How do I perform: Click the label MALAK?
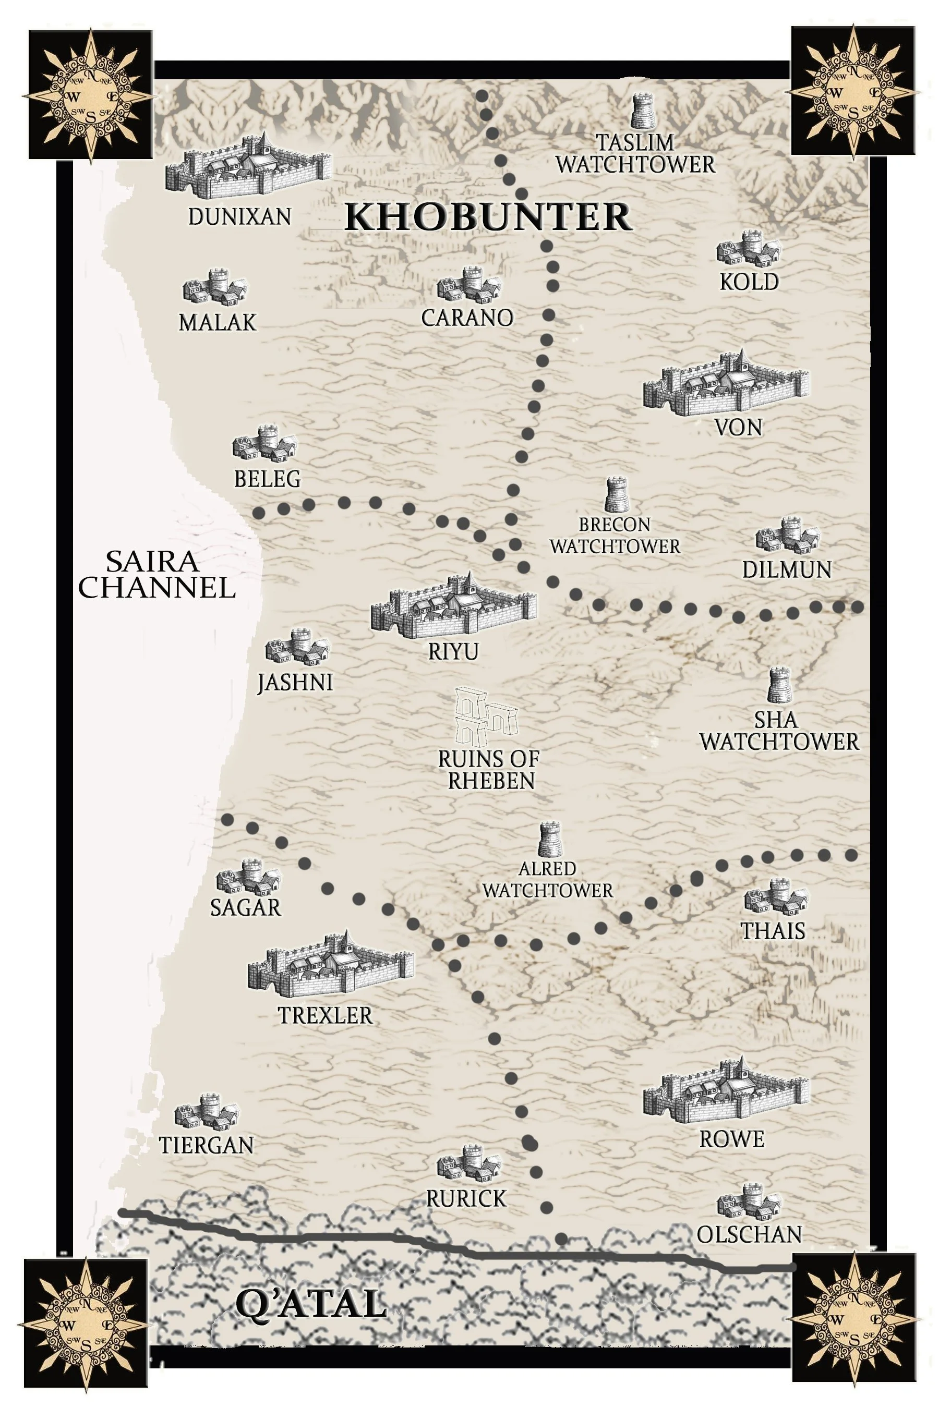point(217,323)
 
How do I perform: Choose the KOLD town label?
point(749,282)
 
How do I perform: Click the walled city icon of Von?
point(726,384)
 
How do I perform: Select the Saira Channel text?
point(155,575)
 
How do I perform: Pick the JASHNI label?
point(295,683)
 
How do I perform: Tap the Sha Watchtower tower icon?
point(779,686)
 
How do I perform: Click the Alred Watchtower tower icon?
point(549,840)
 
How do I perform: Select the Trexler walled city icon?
point(330,963)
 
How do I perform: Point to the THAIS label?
point(773,931)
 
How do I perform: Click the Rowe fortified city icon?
point(726,1090)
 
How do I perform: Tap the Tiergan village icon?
point(206,1110)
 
